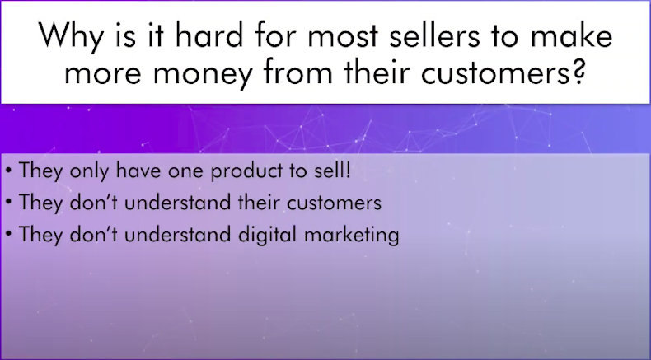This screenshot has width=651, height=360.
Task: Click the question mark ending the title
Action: coord(578,71)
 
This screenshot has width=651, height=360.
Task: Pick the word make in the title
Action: coord(571,35)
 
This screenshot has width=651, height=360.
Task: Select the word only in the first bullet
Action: coord(89,171)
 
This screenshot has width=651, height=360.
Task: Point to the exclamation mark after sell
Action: coord(348,171)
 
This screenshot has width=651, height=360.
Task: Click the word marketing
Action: coord(352,235)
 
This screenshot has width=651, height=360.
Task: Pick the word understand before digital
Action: coord(178,234)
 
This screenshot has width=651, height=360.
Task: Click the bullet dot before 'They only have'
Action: coord(9,171)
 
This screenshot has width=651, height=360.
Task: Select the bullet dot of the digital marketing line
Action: coord(9,234)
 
